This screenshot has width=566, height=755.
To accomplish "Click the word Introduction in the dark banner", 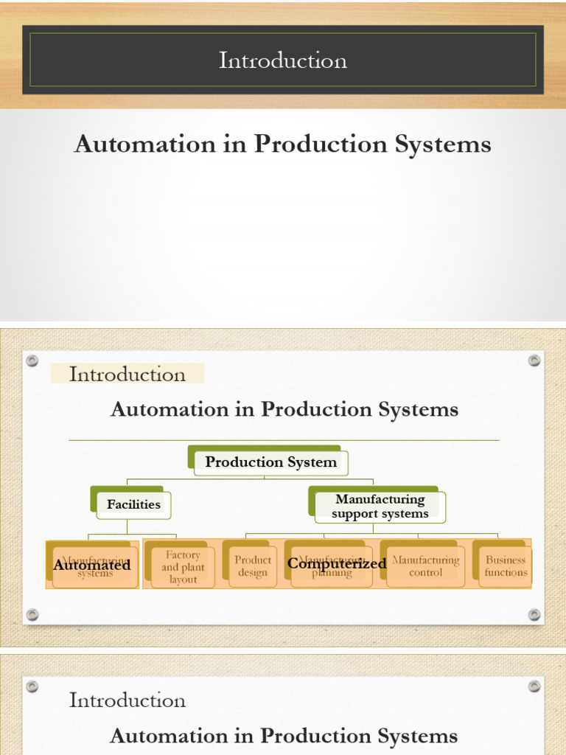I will (x=282, y=60).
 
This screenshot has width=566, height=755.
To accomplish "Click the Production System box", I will (x=270, y=462).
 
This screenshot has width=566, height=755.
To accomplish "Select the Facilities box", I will (x=133, y=504).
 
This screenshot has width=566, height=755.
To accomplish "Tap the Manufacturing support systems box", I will (x=380, y=507).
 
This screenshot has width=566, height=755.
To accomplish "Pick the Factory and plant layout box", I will (x=183, y=567).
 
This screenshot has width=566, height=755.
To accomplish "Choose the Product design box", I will (x=253, y=566).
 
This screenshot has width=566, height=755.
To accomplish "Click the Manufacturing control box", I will (x=425, y=566).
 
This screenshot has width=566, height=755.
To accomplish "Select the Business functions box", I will (x=506, y=566).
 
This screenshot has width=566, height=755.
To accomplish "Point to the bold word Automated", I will (x=92, y=565).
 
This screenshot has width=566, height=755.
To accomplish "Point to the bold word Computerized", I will (x=337, y=563).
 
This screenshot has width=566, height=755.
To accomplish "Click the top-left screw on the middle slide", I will (x=32, y=361).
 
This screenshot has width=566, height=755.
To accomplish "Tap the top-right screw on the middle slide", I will (x=534, y=361).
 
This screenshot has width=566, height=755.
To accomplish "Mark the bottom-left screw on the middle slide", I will (x=32, y=614).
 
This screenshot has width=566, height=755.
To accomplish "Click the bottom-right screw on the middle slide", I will (x=534, y=614).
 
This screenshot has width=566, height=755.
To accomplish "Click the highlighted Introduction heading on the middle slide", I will (x=127, y=375).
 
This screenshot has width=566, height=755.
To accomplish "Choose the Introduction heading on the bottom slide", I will (x=127, y=700).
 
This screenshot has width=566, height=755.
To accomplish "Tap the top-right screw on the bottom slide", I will (x=534, y=686).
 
